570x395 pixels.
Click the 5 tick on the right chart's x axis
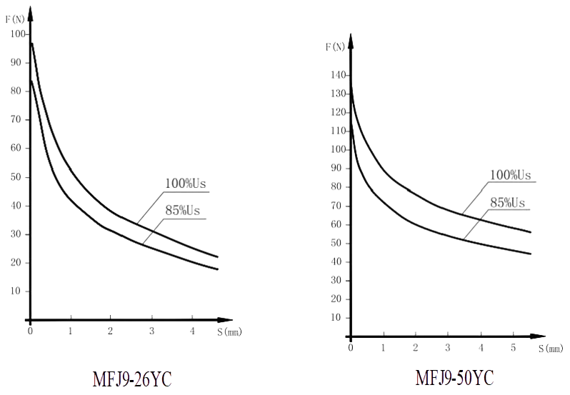[513, 347]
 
